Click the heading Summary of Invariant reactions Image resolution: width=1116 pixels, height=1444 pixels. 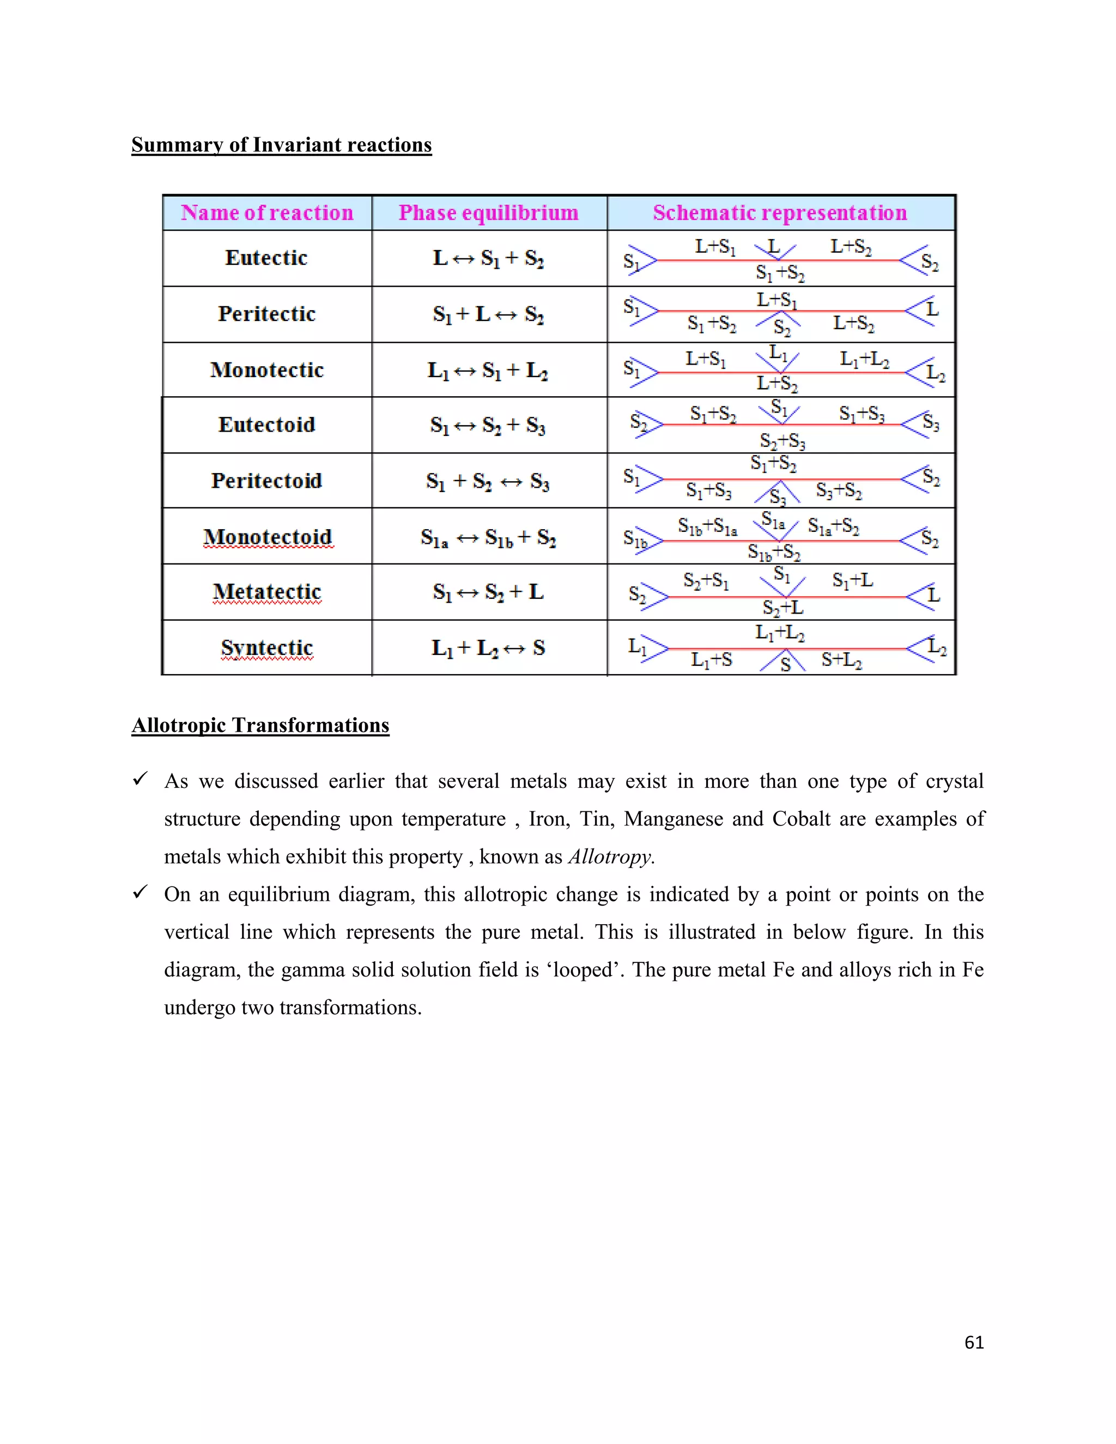point(281,145)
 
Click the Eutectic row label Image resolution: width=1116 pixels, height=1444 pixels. point(266,258)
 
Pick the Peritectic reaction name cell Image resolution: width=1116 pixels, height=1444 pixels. point(266,314)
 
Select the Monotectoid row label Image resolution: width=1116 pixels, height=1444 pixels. point(267,537)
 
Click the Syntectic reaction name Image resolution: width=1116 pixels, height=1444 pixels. point(266,648)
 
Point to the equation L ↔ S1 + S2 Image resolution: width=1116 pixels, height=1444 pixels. point(488,258)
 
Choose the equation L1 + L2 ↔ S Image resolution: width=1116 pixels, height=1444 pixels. point(488,648)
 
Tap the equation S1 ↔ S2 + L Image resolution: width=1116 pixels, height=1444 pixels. point(488,592)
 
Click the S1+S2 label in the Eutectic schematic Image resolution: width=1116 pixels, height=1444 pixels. point(780,272)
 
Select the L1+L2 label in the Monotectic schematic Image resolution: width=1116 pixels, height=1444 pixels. point(864,360)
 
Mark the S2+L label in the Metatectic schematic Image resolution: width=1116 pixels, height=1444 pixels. point(783,608)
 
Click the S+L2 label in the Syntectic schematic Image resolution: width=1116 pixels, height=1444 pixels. point(841,660)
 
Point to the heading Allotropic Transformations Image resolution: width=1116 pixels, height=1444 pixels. point(260,725)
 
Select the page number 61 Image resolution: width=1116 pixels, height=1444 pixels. point(974,1342)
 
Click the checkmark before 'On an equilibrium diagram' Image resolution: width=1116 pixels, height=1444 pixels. point(140,893)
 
